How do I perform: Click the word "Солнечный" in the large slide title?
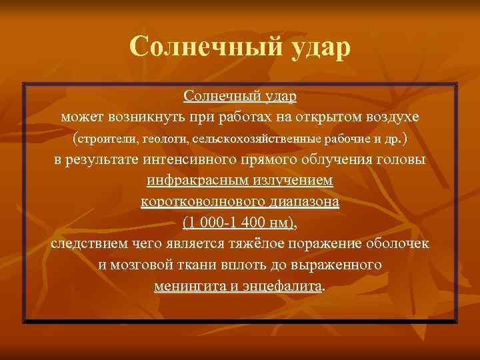coord(204,47)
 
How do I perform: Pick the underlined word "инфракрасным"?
coord(190,181)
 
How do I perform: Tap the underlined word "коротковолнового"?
coord(199,202)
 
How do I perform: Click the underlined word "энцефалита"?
coord(283,286)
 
